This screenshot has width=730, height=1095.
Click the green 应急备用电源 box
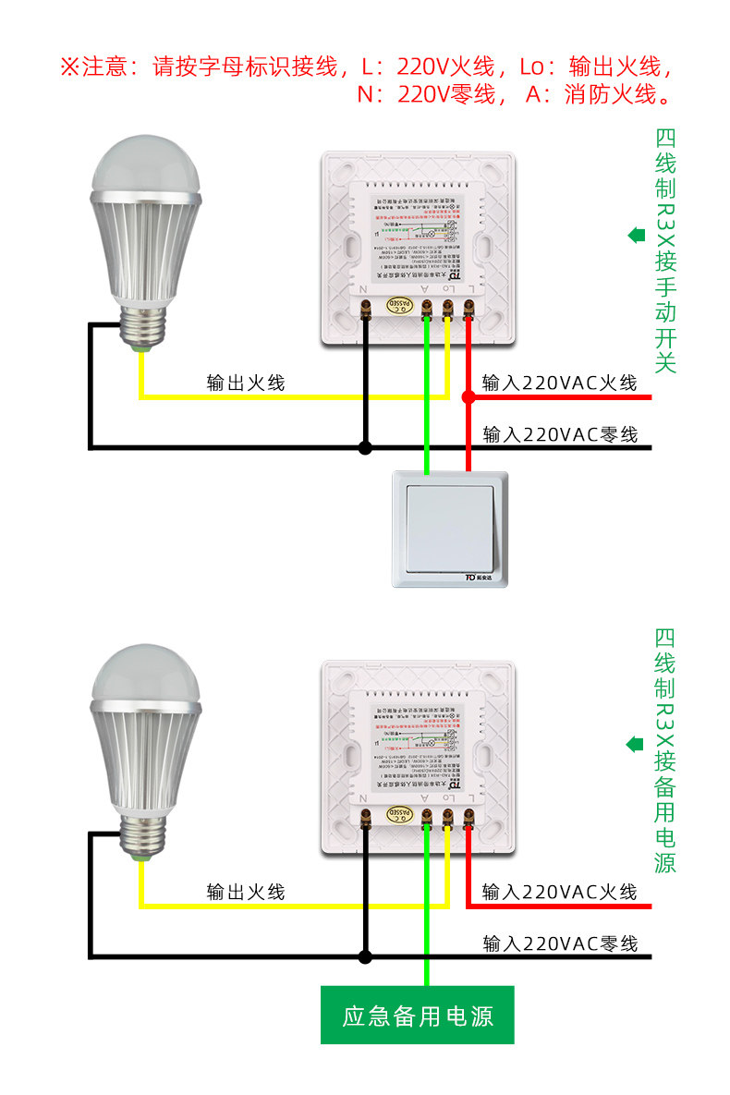[417, 1016]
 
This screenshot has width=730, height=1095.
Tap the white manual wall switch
[450, 529]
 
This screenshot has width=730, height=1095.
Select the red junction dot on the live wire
[468, 396]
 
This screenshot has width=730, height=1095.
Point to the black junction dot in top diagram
[365, 448]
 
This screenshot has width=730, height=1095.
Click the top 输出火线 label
[246, 383]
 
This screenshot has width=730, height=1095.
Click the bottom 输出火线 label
[246, 892]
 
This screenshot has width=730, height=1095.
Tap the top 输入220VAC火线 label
[560, 383]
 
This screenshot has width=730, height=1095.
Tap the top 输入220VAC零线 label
[560, 433]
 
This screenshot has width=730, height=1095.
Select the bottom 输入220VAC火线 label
[560, 892]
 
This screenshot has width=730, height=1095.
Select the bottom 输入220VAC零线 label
[560, 943]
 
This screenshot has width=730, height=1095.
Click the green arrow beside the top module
[637, 235]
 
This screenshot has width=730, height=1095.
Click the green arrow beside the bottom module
[637, 744]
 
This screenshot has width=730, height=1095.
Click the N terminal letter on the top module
[364, 290]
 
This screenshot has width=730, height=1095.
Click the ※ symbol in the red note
[71, 67]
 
